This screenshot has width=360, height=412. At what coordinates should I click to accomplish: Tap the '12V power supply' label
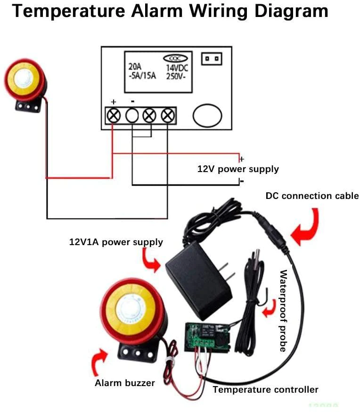237,169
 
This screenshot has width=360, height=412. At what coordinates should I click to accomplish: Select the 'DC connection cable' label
312,196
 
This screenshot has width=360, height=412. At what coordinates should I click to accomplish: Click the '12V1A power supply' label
116,242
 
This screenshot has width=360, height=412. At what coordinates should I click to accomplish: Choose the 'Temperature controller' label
265,389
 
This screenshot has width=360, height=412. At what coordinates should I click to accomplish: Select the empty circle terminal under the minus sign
132,115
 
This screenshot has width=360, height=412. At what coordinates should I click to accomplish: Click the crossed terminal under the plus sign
114,115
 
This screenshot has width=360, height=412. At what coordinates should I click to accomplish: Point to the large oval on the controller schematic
207,115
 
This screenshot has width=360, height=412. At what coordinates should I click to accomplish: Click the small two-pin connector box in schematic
212,59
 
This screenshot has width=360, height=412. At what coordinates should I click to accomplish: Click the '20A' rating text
134,67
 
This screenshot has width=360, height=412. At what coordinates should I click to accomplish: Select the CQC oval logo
175,58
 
